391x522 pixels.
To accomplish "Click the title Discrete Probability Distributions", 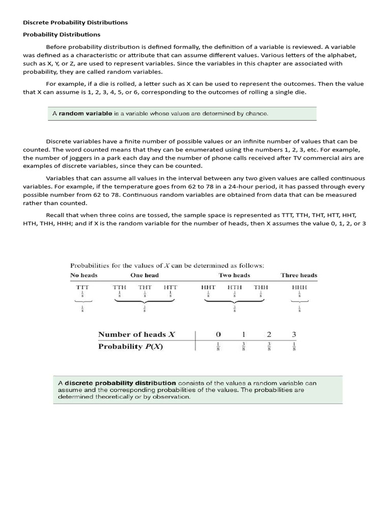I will (x=75, y=22).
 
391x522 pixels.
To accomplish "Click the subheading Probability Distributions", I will (x=62, y=35).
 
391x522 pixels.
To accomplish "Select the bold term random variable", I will (x=85, y=113).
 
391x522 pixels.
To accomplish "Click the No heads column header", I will (x=83, y=275).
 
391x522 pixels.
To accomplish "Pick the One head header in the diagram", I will (x=145, y=275).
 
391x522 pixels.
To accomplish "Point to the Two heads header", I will (x=234, y=275).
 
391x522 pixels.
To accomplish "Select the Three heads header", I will (x=299, y=275).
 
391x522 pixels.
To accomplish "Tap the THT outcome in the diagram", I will (x=145, y=288).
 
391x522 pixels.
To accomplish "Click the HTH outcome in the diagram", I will (x=235, y=288).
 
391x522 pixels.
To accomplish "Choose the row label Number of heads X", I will (x=136, y=334).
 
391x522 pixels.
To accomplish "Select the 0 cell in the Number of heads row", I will (x=218, y=334).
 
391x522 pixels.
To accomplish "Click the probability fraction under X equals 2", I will (x=269, y=347).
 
